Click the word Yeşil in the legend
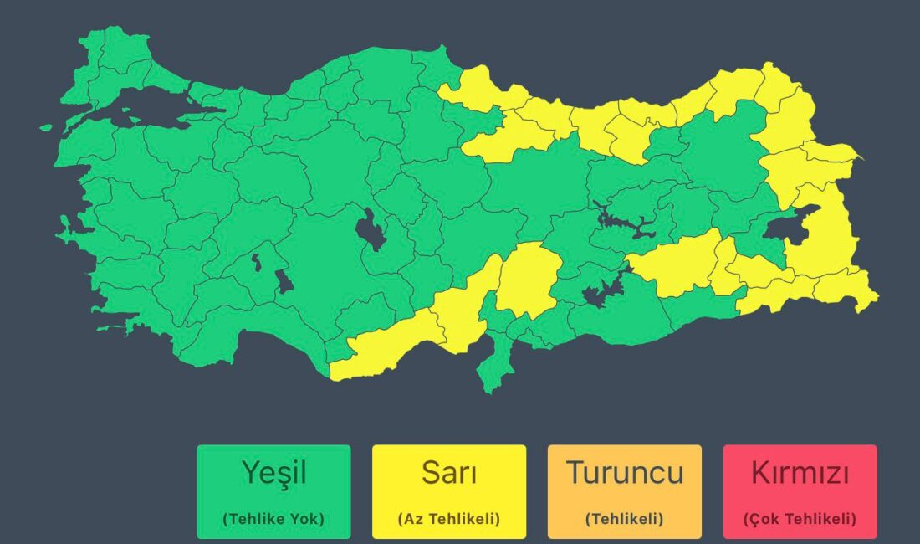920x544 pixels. pos(273,473)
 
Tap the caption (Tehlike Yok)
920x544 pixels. pos(273,519)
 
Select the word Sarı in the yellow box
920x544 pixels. pos(449,473)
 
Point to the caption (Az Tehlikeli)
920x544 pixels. pos(449,519)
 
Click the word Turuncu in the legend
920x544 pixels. pos(625,473)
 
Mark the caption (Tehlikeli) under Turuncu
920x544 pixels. pos(625,519)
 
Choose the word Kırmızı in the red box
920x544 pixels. pos(800,473)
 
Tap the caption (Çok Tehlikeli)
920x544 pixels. pos(800,519)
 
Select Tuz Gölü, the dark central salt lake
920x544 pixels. pos(370,229)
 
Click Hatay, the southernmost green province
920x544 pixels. pos(493,368)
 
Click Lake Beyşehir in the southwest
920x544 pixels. pos(284,281)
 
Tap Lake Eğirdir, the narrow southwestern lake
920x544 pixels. pos(256,262)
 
